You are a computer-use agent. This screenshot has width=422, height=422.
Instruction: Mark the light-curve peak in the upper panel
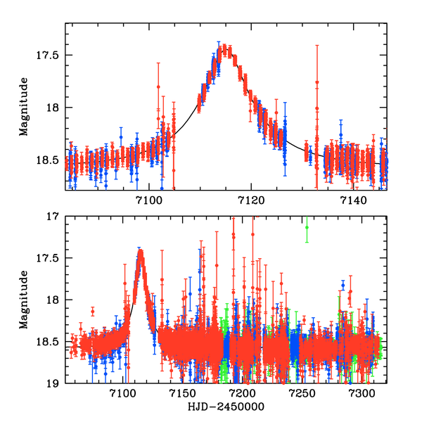pyautogui.click(x=224, y=50)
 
